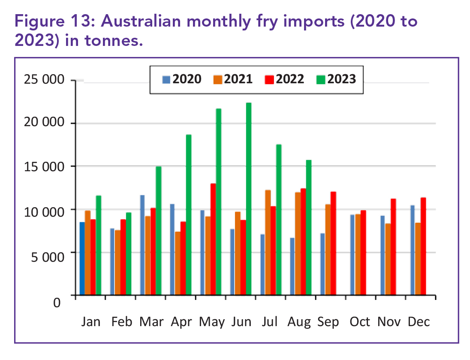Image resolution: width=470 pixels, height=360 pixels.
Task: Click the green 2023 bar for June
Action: coord(249,199)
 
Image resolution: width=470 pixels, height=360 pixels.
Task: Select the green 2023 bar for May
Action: coord(219,202)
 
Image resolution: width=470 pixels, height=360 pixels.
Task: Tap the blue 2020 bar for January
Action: coord(82,259)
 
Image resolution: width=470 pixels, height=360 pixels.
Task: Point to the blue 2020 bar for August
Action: coord(292,266)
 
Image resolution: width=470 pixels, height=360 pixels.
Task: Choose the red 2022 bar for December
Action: coord(423,246)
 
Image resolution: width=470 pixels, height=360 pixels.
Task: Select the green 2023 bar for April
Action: coord(189,215)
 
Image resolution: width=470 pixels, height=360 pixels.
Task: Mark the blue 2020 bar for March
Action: coord(142,245)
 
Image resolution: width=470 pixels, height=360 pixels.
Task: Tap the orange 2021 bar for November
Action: coord(388,259)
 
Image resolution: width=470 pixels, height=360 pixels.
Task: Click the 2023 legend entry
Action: coord(337,79)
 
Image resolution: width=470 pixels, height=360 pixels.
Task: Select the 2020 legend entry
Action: coord(182,79)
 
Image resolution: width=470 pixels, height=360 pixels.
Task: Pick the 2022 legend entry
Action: coord(285,79)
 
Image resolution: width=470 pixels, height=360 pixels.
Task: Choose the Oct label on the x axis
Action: coord(359,322)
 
